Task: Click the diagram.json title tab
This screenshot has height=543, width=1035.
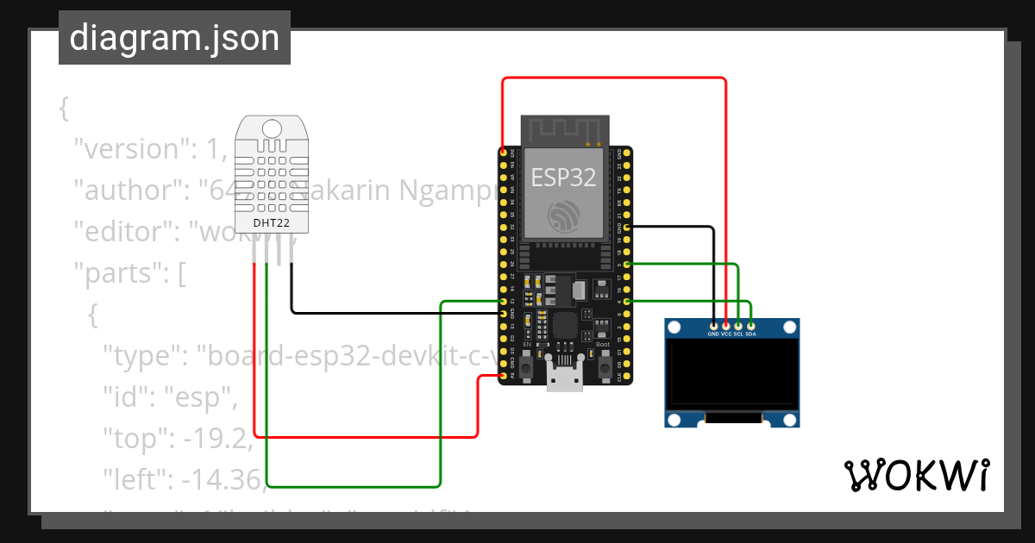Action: click(x=174, y=38)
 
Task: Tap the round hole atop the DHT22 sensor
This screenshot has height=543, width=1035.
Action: click(x=272, y=129)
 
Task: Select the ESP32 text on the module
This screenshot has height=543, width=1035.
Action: click(x=563, y=178)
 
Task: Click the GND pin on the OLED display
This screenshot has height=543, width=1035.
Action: click(x=713, y=325)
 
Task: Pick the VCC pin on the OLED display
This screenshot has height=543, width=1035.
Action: click(x=726, y=325)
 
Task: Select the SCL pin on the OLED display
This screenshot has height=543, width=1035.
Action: click(x=738, y=325)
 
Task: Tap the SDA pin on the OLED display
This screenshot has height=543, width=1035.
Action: click(x=751, y=325)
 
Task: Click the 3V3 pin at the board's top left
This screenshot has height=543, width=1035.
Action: click(x=503, y=152)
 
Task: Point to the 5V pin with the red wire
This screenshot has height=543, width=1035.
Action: click(x=503, y=376)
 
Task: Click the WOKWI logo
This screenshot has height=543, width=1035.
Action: click(x=916, y=476)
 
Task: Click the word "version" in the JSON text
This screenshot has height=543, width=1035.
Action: click(x=130, y=149)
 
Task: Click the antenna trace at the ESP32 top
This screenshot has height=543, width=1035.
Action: click(x=564, y=130)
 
